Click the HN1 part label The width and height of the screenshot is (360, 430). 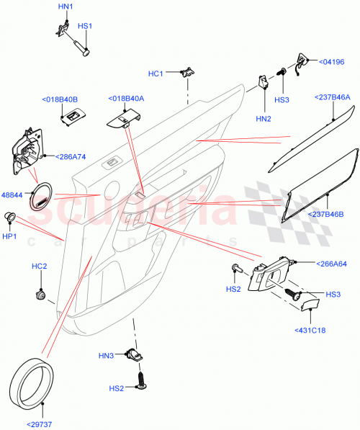[65, 6]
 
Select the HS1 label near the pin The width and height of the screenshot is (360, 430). [85, 27]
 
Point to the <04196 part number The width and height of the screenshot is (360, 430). [330, 63]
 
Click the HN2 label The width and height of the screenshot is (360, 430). [264, 118]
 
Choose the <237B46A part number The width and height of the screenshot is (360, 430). [332, 97]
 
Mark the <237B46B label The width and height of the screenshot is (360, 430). [331, 214]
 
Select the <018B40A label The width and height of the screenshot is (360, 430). [126, 99]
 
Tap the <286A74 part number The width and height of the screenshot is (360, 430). [65, 156]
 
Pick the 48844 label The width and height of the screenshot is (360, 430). [12, 195]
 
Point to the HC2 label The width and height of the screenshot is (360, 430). [39, 266]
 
